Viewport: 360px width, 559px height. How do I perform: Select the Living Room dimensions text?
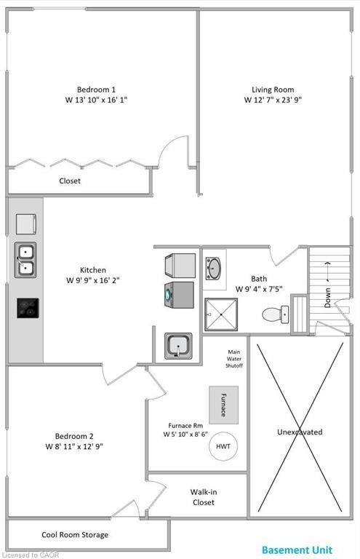tap(273, 100)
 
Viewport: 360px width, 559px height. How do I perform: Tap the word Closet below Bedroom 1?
tap(70, 181)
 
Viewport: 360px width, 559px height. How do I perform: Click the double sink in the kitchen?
tap(25, 261)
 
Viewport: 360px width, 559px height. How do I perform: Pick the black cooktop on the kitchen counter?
tap(28, 309)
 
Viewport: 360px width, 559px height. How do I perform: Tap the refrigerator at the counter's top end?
tap(25, 223)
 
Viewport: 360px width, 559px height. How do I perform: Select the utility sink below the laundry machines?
tap(177, 345)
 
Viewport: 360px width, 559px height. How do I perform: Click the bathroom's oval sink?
tap(214, 267)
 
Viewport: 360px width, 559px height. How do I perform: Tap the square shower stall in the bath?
tap(220, 314)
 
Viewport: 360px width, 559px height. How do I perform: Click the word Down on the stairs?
tap(328, 295)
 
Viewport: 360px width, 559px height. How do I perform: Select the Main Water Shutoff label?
tap(234, 358)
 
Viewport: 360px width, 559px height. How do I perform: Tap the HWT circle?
tap(223, 445)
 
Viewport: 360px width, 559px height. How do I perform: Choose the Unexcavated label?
tap(299, 432)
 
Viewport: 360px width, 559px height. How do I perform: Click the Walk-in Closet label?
tap(204, 497)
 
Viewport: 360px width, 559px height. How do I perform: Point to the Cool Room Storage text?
tap(75, 534)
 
